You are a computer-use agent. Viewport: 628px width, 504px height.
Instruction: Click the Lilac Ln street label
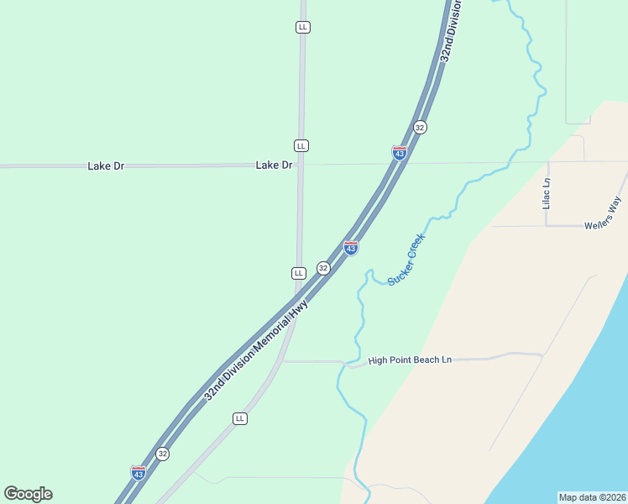point(546,193)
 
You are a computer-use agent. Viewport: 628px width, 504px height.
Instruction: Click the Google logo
point(28,494)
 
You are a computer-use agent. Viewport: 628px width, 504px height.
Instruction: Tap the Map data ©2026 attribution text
point(592,496)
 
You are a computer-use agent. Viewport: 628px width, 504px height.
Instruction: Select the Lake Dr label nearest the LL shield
point(274,165)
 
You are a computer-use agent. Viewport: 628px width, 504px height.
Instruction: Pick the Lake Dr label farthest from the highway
point(106,166)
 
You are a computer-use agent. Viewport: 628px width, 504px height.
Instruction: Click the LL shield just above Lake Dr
point(301,145)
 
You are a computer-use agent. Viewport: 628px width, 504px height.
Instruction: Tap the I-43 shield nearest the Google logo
point(139,473)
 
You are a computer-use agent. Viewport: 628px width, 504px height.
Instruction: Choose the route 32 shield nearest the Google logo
point(163,454)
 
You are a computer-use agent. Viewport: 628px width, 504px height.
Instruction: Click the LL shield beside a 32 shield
point(298,273)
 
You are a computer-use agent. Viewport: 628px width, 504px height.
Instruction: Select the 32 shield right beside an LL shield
point(323,268)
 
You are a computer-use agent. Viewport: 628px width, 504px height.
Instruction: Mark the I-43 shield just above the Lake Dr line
point(400,153)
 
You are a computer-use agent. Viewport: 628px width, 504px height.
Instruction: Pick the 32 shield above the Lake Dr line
point(420,127)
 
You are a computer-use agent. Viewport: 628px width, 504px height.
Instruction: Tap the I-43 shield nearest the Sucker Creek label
point(351,248)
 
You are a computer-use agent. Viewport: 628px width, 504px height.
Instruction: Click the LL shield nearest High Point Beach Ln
point(240,418)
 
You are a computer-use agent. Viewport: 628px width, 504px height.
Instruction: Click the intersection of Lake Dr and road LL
point(301,165)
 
